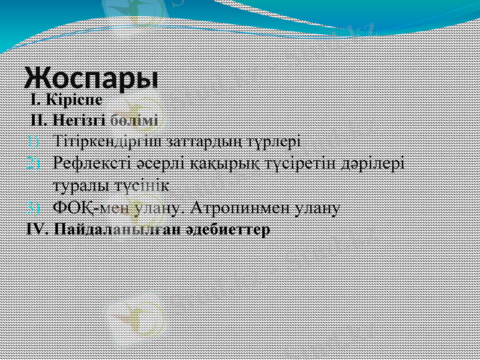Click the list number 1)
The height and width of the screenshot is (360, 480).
tap(34, 142)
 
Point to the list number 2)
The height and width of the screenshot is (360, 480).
tap(34, 163)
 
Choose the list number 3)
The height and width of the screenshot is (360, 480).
tap(34, 208)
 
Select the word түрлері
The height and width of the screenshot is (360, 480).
tap(272, 142)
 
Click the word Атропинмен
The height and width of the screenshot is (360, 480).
tap(237, 208)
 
